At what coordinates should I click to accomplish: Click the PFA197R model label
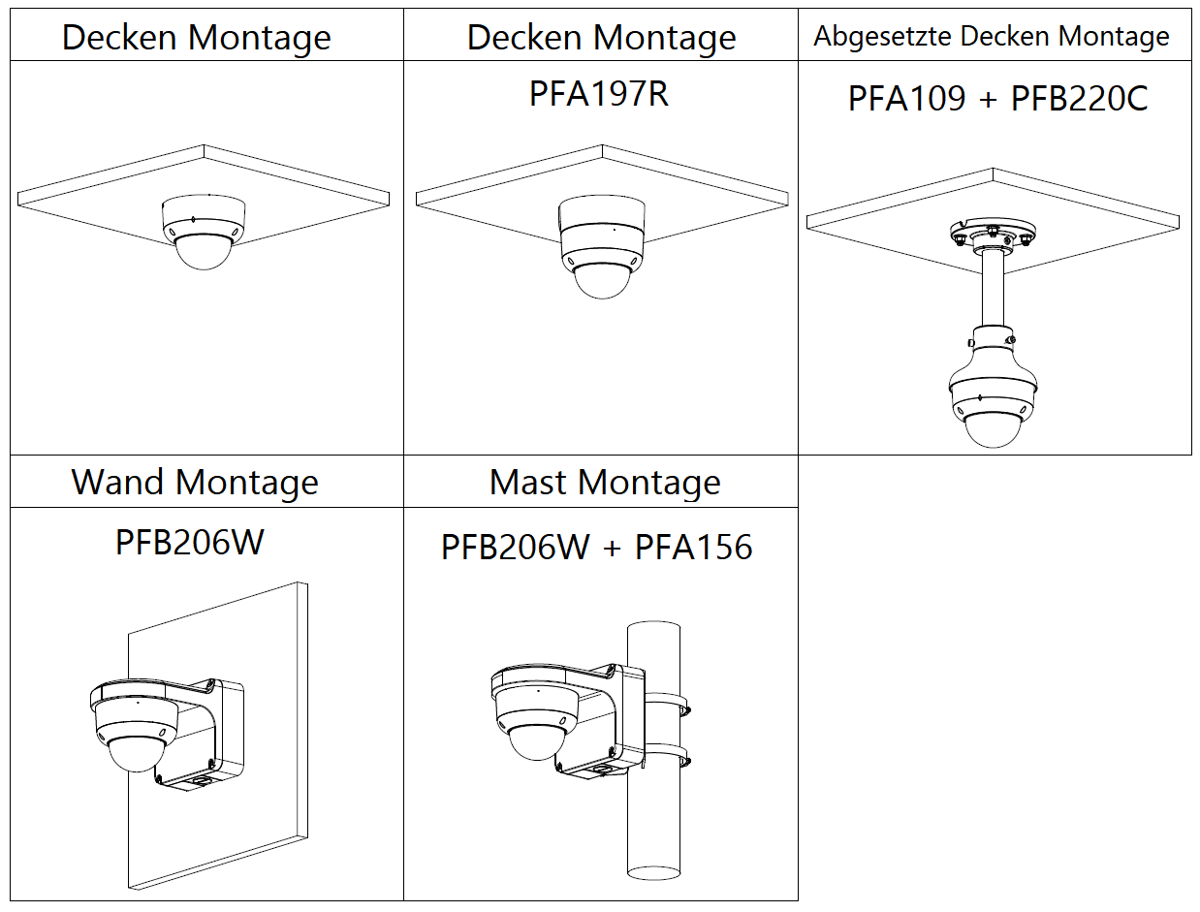[598, 94]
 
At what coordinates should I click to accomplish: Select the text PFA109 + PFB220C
[997, 99]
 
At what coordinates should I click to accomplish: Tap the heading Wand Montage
[195, 482]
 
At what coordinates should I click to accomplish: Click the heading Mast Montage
[605, 482]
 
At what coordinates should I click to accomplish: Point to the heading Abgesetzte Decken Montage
[992, 37]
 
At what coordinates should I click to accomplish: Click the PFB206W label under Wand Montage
[189, 542]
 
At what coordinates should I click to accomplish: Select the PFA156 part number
[693, 547]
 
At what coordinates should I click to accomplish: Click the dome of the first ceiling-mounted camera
[203, 254]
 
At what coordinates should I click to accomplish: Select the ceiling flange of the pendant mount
[992, 234]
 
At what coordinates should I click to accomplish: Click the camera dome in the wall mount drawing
[137, 752]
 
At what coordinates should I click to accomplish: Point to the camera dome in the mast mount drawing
[535, 742]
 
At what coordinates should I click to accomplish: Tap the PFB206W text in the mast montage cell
[515, 547]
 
